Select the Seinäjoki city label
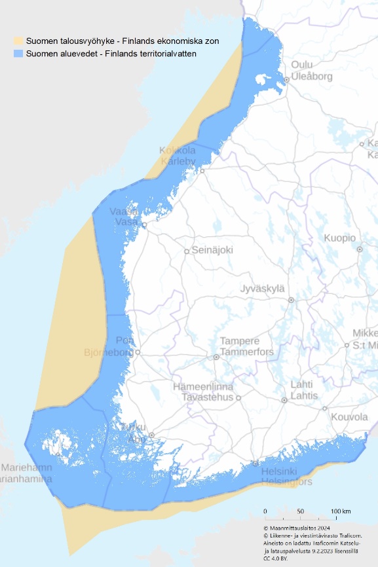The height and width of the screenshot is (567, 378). pyautogui.click(x=212, y=250)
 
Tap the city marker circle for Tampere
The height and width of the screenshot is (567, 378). pyautogui.click(x=216, y=357)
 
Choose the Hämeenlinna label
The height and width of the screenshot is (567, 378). pyautogui.click(x=203, y=387)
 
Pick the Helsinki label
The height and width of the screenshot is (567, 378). pyautogui.click(x=279, y=471)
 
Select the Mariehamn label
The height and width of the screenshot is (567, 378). pyautogui.click(x=26, y=468)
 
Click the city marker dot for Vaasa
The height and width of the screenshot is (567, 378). pyautogui.click(x=144, y=225)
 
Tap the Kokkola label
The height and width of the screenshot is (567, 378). pyautogui.click(x=178, y=151)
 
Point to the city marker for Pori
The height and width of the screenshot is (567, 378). pyautogui.click(x=138, y=352)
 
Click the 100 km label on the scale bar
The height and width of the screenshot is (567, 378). pyautogui.click(x=341, y=511)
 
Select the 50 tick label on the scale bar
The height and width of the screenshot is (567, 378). pyautogui.click(x=300, y=511)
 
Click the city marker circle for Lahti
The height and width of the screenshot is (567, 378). pyautogui.click(x=284, y=400)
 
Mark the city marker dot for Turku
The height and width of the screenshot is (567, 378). pyautogui.click(x=151, y=435)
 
